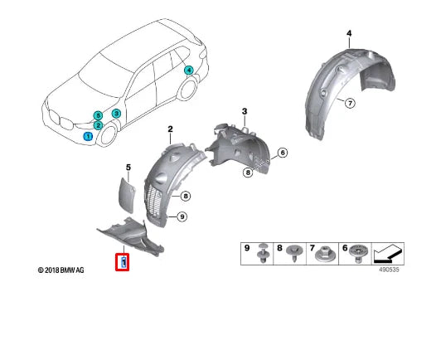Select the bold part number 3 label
click(x=245, y=110)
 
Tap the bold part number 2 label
click(x=170, y=129)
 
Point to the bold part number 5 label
click(x=128, y=168)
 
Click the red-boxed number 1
click(x=123, y=263)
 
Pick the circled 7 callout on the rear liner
click(x=349, y=103)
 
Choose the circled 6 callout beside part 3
click(x=282, y=153)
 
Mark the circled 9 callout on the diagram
click(x=182, y=216)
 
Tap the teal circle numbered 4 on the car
click(x=188, y=71)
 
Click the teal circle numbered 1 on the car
click(x=89, y=134)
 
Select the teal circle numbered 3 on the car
click(x=116, y=113)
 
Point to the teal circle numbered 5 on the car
click(x=98, y=114)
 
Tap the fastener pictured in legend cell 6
click(x=359, y=253)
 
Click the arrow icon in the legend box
click(x=392, y=252)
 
